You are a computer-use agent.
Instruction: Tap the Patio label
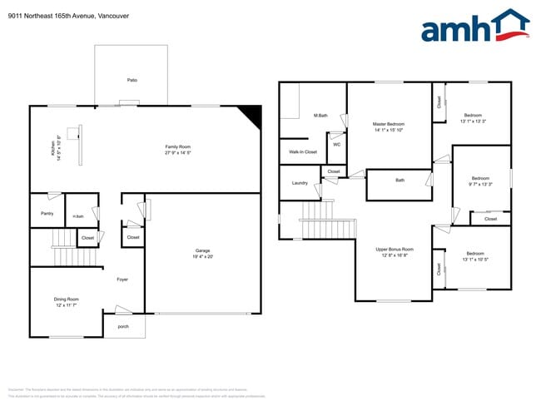pyautogui.click(x=132, y=80)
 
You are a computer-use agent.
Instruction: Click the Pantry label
pyautogui.click(x=47, y=213)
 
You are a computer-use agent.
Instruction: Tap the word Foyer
pyautogui.click(x=122, y=280)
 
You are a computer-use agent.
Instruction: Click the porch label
pyautogui.click(x=123, y=326)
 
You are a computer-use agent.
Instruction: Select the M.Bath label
pyautogui.click(x=320, y=115)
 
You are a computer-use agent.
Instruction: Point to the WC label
pyautogui.click(x=337, y=144)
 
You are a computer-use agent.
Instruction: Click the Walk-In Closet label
pyautogui.click(x=303, y=152)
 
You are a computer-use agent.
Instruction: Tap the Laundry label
pyautogui.click(x=300, y=183)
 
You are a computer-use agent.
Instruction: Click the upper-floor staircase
pyautogui.click(x=315, y=223)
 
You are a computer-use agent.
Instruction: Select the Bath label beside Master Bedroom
pyautogui.click(x=400, y=181)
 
